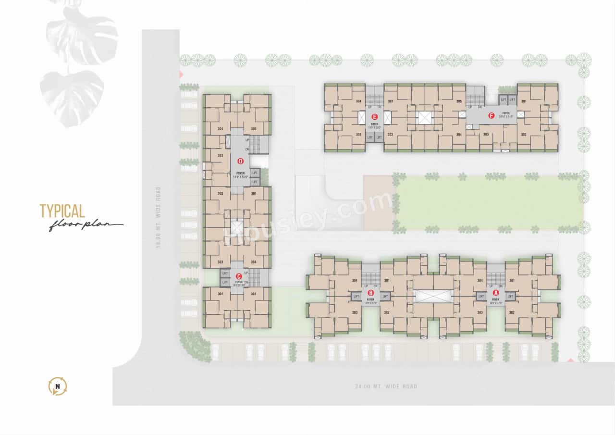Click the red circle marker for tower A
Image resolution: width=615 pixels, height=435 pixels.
[x=496, y=292]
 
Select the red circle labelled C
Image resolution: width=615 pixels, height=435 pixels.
[x=239, y=276]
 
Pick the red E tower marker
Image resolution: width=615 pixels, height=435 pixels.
[x=374, y=116]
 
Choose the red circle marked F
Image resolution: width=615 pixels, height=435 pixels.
[x=491, y=115]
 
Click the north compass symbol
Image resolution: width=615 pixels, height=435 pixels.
[x=58, y=386]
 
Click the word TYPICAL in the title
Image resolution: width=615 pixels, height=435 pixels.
[x=62, y=211]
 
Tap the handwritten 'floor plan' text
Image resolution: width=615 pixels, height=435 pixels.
[x=85, y=225]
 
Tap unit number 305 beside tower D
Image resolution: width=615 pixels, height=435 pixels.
[x=253, y=129]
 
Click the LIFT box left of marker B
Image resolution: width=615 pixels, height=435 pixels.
[x=356, y=297]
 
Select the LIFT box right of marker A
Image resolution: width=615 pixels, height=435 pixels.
[x=510, y=297]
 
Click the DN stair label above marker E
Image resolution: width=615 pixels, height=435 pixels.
[x=379, y=107]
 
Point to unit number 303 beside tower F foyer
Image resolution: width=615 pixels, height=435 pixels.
[x=486, y=135]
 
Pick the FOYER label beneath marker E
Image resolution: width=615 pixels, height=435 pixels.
[x=374, y=124]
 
